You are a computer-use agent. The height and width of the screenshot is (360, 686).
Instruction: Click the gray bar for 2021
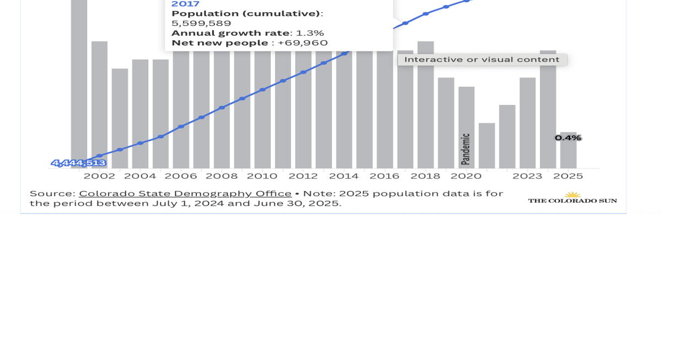pos(486,146)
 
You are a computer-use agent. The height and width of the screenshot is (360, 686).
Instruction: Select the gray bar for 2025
pos(568,154)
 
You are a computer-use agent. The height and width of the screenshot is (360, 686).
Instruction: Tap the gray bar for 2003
pos(120,118)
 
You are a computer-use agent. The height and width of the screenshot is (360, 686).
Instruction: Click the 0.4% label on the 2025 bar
pos(568,138)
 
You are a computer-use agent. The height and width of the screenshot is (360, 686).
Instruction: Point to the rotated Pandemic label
pos(465,149)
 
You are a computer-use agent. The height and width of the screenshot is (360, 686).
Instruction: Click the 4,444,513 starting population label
pos(78,163)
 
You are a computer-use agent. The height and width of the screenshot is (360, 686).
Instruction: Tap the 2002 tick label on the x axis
pos(99,176)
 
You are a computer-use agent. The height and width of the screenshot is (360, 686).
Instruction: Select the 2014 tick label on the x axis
pos(344,176)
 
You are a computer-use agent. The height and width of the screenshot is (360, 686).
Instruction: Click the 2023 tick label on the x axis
pos(528,176)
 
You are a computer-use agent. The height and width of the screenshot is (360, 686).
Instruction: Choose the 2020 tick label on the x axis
pos(466,176)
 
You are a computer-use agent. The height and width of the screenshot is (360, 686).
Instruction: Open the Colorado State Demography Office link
pos(185,194)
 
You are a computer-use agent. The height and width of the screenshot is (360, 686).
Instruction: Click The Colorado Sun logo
pos(572,198)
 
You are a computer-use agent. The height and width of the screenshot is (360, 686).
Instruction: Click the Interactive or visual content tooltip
pos(482,60)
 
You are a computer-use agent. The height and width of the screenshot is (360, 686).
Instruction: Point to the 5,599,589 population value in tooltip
pos(201,23)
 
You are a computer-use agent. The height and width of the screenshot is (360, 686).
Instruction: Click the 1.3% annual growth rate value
pos(310,33)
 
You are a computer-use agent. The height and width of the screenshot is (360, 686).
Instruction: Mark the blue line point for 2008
pos(222,108)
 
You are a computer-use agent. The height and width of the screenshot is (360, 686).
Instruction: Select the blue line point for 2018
pos(426,14)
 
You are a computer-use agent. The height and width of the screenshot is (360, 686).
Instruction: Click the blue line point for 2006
pos(181,127)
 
